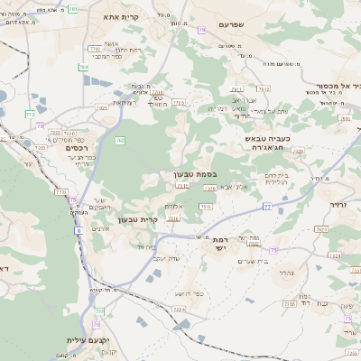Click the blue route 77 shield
(x=267, y=208)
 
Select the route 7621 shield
(x=102, y=107)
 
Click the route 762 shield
(x=119, y=139)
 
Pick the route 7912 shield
(x=236, y=88)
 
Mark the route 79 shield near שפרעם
(x=200, y=31)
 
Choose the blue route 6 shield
(x=79, y=231)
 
